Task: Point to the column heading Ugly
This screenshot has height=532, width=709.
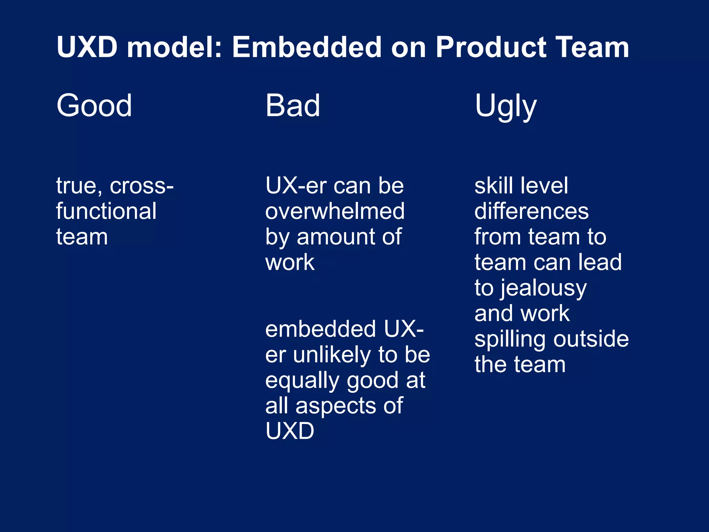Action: pos(505,107)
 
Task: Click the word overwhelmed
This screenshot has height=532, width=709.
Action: pos(335,211)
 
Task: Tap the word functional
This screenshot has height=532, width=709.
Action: pos(106,211)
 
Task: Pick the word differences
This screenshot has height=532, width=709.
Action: pos(531,211)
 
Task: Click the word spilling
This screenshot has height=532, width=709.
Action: pos(511,339)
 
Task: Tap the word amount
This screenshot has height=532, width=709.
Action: pos(336,237)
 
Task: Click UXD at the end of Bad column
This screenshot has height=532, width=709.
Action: pos(290,431)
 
